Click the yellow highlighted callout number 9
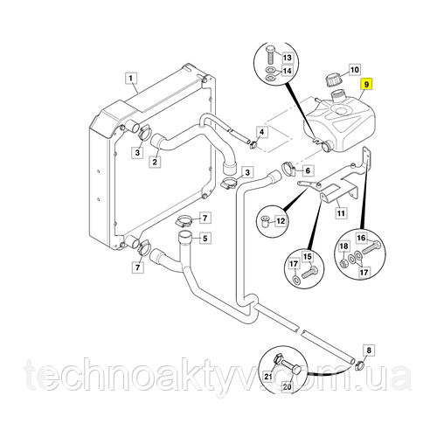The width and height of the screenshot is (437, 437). click(366, 85)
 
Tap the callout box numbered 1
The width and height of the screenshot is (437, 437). click(131, 78)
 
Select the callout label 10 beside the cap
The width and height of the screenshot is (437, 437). click(354, 70)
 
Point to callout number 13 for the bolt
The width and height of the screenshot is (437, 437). click(288, 58)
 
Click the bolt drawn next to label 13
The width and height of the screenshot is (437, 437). click(269, 55)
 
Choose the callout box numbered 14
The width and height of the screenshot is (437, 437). click(288, 71)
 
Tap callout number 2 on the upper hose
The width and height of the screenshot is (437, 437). click(155, 161)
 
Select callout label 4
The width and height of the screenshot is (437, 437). click(262, 132)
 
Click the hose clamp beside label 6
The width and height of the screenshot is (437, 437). click(288, 169)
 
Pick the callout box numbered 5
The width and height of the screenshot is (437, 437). click(205, 239)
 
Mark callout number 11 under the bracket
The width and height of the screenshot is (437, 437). click(341, 213)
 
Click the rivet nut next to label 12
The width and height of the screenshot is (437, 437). click(265, 222)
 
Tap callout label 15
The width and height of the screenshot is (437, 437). click(308, 257)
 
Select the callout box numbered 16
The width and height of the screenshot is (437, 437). click(361, 238)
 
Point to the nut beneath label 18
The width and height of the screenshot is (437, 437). click(343, 265)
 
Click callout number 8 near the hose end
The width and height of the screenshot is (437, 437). click(369, 350)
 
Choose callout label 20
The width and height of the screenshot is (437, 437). click(287, 386)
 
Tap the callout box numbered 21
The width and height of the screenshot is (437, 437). click(268, 377)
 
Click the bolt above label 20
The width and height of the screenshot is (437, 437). click(291, 366)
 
